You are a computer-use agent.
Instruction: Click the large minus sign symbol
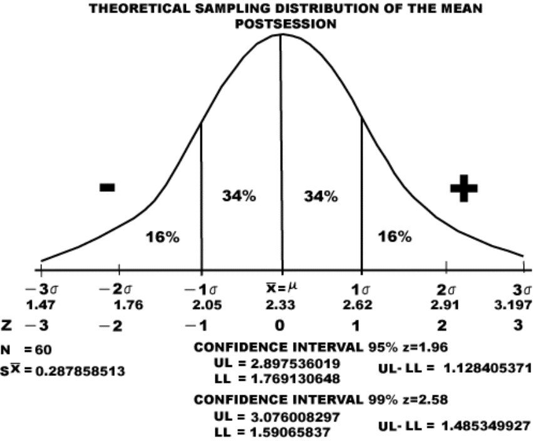click(107, 187)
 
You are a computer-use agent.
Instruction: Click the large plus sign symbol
click(463, 187)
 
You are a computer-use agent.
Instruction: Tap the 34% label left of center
click(239, 195)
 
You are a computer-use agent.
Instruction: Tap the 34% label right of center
click(321, 195)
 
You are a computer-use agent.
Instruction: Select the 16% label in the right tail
click(395, 236)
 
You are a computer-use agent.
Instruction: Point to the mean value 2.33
click(280, 305)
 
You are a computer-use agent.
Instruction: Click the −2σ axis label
click(116, 290)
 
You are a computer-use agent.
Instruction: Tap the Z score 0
click(280, 326)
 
